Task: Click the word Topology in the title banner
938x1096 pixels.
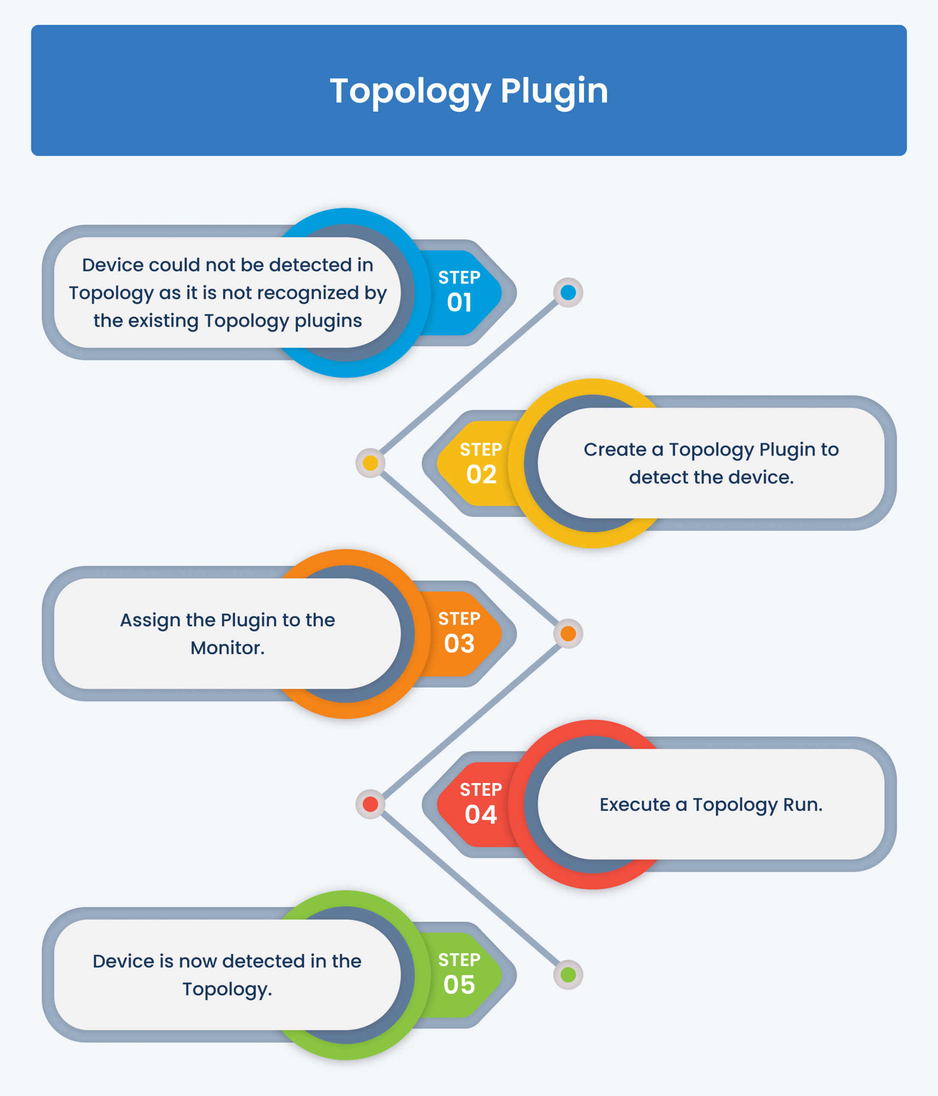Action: click(x=410, y=92)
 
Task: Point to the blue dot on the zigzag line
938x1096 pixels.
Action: click(x=568, y=292)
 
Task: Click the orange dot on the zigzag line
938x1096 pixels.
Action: click(x=568, y=634)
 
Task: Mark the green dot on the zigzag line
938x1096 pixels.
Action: click(x=568, y=975)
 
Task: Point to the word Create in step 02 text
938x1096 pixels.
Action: click(x=614, y=450)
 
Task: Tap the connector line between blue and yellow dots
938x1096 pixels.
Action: click(x=469, y=378)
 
